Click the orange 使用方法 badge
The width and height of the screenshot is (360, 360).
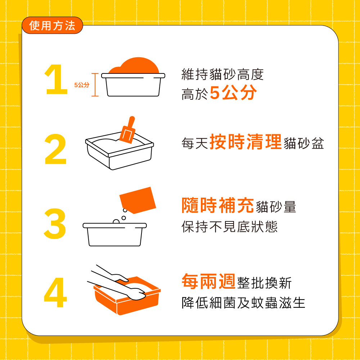pos(52,25)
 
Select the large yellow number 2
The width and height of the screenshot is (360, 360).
pos(55,149)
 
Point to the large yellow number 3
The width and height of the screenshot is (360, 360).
pos(55,224)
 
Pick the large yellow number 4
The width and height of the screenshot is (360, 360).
pos(55,292)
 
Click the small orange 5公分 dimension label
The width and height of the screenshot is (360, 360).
pos(82,85)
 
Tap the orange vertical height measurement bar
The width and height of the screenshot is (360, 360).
pos(95,85)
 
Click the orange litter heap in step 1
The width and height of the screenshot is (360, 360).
pos(134,66)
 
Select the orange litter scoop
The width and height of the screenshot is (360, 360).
pos(127,130)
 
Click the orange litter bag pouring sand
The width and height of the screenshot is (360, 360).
pos(138,200)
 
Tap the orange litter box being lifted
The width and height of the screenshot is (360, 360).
pos(127,296)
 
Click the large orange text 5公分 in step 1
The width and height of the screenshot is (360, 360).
pos(233,92)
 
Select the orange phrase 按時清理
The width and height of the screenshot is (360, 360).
pos(246,141)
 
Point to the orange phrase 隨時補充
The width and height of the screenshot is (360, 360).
pos(218,205)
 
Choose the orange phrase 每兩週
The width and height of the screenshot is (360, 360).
pos(208,281)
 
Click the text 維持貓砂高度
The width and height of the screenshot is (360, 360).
pos(222,74)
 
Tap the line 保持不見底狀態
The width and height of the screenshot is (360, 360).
pos(229,226)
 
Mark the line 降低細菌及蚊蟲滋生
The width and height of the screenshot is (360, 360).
pos(243,303)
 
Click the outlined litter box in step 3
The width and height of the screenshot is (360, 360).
pos(115,234)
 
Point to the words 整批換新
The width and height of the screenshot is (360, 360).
pos(264,283)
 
